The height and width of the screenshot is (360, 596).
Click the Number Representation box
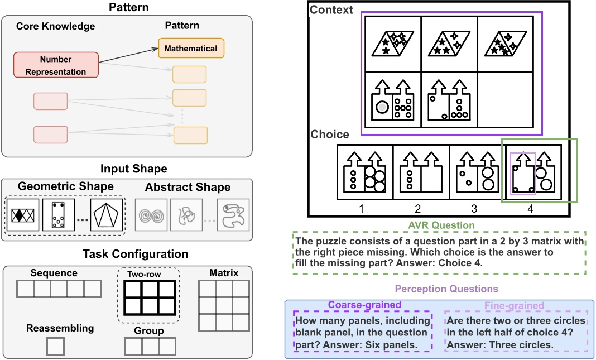[x=56, y=65]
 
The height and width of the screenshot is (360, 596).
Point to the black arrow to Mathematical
[x=128, y=54]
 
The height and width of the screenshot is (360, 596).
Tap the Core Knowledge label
[x=56, y=26]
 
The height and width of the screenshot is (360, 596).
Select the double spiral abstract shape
[x=151, y=215]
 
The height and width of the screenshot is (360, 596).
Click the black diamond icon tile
[x=22, y=215]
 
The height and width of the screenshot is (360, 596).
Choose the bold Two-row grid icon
[x=150, y=297]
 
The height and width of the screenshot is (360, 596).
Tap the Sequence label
[x=55, y=273]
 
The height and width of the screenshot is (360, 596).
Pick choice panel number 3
[x=477, y=172]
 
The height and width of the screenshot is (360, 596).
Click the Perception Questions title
[x=439, y=289]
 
